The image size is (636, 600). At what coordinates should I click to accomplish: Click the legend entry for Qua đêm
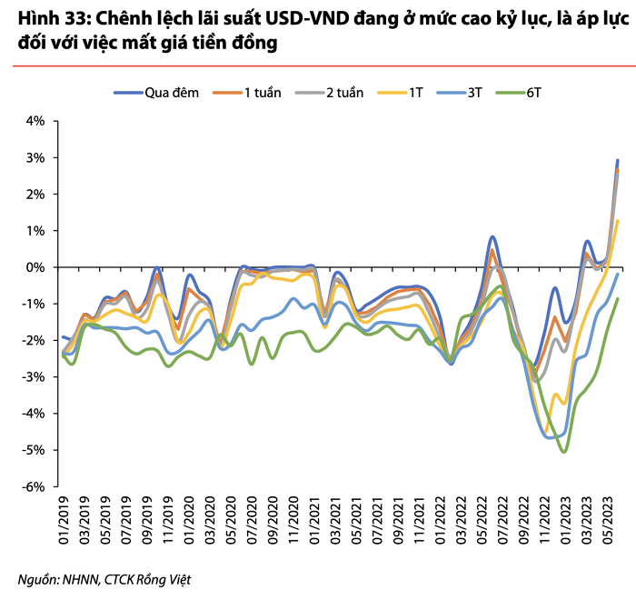coord(156,93)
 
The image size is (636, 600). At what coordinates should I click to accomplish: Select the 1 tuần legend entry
coord(247,93)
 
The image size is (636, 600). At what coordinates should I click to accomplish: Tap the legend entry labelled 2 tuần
coord(329,93)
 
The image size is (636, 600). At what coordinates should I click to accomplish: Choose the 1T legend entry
coord(400,93)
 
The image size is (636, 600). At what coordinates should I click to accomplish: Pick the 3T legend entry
coord(459,93)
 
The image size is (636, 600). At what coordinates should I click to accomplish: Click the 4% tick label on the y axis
coord(35,121)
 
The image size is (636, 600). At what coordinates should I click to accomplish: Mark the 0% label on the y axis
coord(35,267)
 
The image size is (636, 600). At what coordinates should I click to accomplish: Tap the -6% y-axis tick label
coord(34,486)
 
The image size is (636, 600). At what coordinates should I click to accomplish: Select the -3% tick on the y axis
coord(34,377)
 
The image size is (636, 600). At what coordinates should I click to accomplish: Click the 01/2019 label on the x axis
coord(65,520)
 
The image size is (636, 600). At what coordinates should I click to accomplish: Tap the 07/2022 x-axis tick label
coord(502,520)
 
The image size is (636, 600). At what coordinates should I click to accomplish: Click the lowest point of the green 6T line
coord(564,452)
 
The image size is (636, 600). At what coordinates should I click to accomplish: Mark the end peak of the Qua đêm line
coord(617,161)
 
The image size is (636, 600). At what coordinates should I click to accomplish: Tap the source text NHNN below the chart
coord(80,580)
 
